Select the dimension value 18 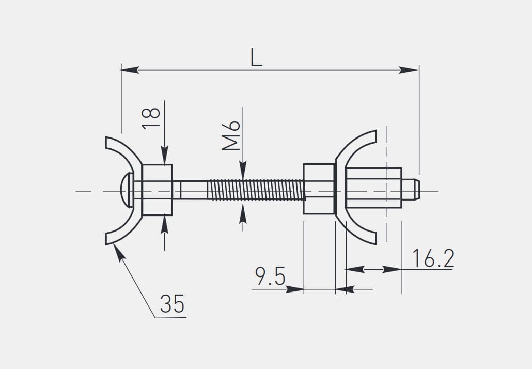151,118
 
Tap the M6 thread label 231,135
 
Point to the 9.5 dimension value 271,276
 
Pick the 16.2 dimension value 433,258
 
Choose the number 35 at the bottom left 173,303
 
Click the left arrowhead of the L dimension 129,70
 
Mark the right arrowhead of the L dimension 409,70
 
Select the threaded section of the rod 256,190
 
